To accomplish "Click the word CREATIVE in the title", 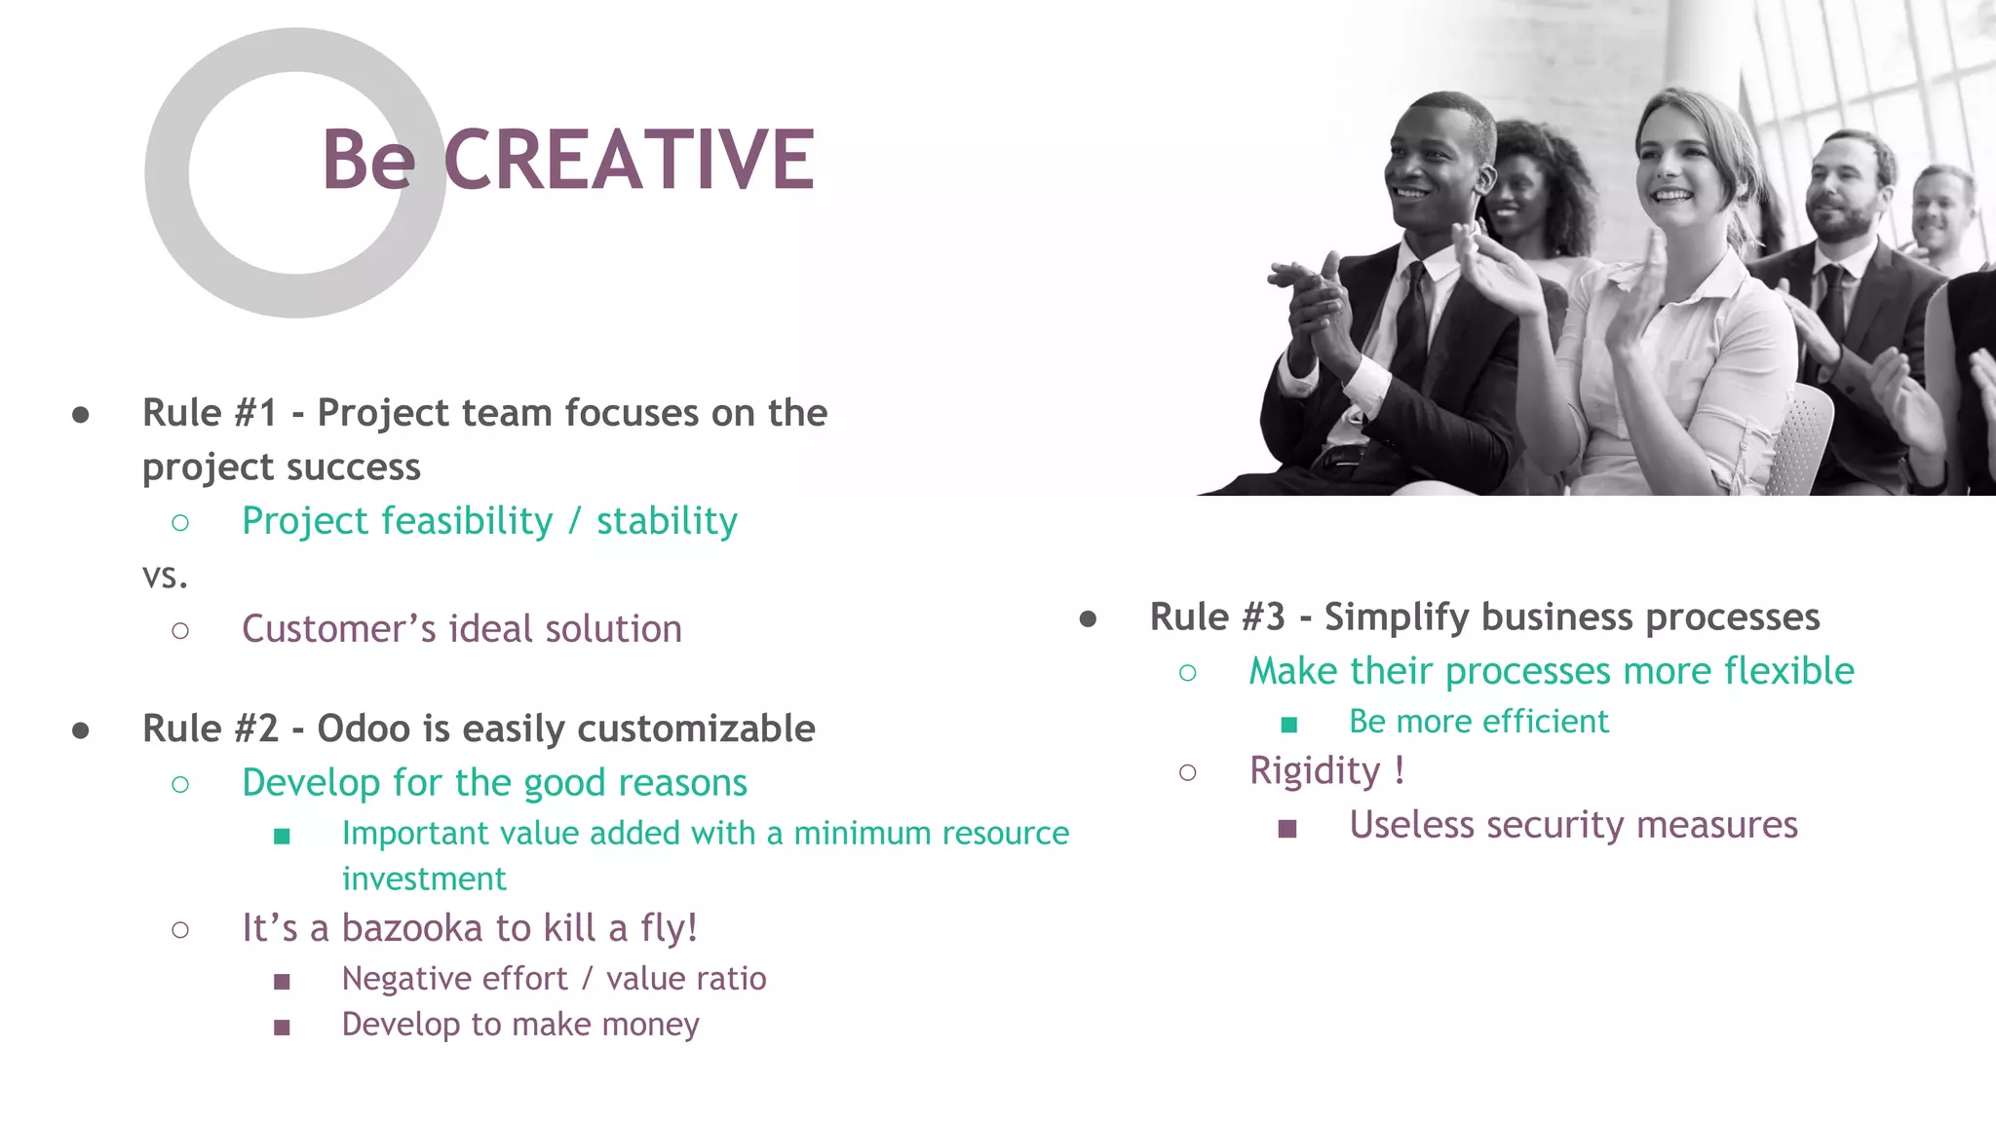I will pos(629,161).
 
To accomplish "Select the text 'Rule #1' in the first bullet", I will pos(210,413).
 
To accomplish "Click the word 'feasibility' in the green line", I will pos(461,521).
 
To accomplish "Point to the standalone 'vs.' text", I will pos(165,576).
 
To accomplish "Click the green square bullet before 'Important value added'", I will pos(282,836).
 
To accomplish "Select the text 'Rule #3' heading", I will pos(1217,617).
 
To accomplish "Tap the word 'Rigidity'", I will pos(1315,771).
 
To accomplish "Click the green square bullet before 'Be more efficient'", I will pos(1288,724).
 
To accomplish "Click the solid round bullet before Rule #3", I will pos(1088,618).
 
